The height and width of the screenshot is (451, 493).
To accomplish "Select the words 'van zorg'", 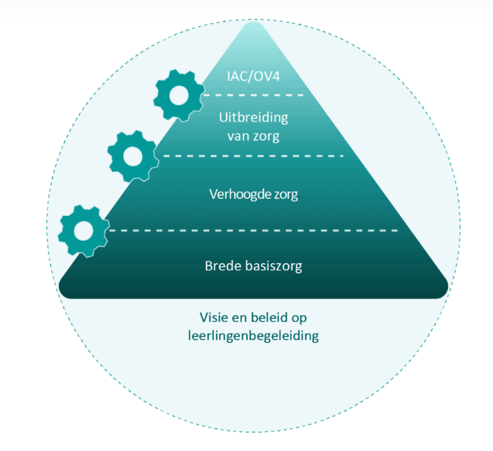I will (253, 136).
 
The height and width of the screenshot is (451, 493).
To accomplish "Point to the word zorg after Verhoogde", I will (284, 194).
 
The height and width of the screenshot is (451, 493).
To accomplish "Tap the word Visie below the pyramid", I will (213, 318).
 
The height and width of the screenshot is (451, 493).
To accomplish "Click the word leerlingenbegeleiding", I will (253, 335).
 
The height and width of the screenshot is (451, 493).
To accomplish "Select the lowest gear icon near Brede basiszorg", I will (84, 231).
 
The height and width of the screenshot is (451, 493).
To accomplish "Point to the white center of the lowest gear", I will (84, 231).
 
